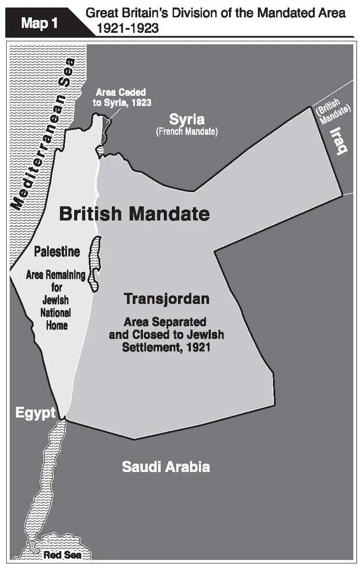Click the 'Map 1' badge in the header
pyautogui.click(x=40, y=23)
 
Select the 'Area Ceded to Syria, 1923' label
pyautogui.click(x=120, y=97)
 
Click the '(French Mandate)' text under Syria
pyautogui.click(x=187, y=131)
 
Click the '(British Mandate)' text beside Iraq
pyautogui.click(x=329, y=112)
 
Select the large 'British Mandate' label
pyautogui.click(x=134, y=214)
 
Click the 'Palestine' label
pyautogui.click(x=56, y=251)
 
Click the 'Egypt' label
pyautogui.click(x=35, y=413)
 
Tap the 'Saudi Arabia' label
pyautogui.click(x=166, y=466)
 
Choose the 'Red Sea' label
pyautogui.click(x=62, y=555)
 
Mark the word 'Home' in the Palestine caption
pyautogui.click(x=56, y=325)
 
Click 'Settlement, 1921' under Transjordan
pyautogui.click(x=166, y=347)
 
